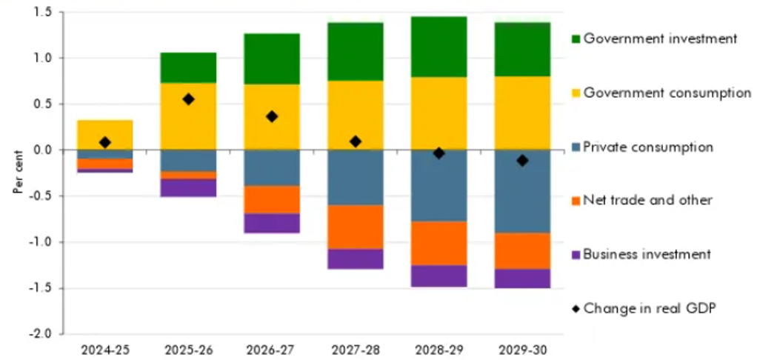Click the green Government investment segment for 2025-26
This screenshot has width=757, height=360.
tap(188, 67)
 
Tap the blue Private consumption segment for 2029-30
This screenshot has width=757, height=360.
tap(523, 191)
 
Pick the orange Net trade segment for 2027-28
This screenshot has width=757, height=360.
tap(356, 227)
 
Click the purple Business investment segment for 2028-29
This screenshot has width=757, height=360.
tap(439, 276)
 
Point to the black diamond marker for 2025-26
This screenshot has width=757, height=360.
tap(188, 99)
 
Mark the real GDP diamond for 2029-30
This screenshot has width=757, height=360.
tap(523, 160)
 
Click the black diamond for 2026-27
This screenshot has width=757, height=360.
tap(272, 116)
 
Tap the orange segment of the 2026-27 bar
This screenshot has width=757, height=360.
tap(272, 199)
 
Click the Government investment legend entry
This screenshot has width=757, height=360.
tap(659, 38)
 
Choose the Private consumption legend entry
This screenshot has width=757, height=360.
tap(647, 147)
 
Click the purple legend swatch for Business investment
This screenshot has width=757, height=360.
tap(576, 254)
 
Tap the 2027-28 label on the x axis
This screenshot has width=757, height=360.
tap(356, 349)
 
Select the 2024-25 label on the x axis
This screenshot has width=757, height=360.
tap(104, 349)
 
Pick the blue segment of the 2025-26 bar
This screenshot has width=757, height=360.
tap(188, 161)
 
